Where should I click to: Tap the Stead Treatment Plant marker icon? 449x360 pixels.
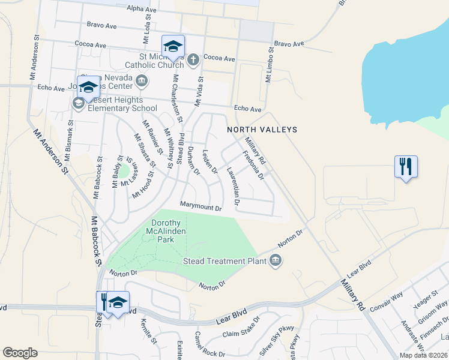pos(276,260)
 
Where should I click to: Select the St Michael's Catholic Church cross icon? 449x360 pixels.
pos(193,59)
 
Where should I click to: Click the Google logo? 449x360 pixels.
pos(20,353)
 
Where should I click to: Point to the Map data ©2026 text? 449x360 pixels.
pos(423,355)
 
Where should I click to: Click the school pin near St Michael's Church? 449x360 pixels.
pos(173,46)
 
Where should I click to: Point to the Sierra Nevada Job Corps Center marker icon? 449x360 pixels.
pos(142,80)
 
